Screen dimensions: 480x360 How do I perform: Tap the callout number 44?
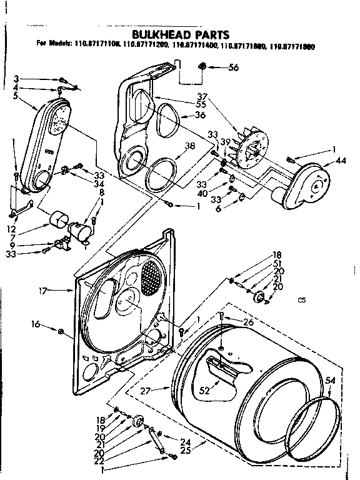[340, 160]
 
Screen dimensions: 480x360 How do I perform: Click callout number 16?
[35, 324]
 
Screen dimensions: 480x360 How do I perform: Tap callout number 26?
[249, 322]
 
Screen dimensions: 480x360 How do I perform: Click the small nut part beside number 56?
[202, 66]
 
